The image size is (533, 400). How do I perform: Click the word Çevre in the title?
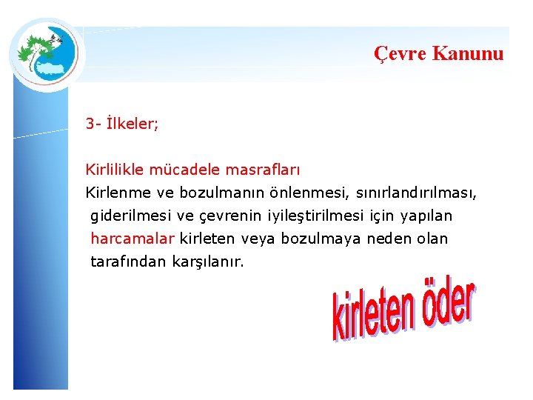click(400, 53)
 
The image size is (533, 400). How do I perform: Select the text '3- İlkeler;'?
click(122, 124)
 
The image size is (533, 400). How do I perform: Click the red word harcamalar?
click(133, 239)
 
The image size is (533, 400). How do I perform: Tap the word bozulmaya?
click(314, 239)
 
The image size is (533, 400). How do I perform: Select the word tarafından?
click(128, 261)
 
